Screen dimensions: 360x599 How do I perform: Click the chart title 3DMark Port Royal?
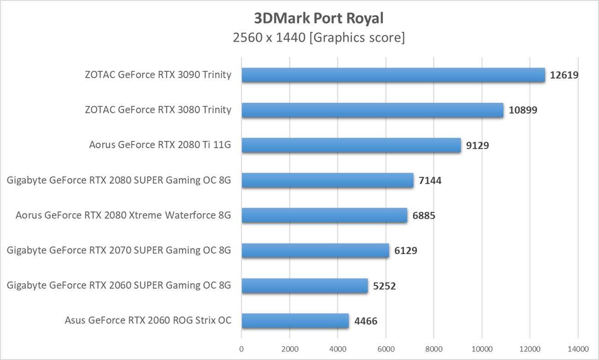point(319,18)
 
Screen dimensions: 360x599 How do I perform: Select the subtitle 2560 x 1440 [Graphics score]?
point(319,37)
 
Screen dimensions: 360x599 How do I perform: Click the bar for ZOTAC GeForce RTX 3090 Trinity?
point(393,75)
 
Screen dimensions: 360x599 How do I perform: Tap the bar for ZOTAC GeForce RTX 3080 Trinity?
point(372,110)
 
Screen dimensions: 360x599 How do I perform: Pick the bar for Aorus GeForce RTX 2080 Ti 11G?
point(351,145)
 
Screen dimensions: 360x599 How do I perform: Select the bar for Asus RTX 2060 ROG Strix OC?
point(295,321)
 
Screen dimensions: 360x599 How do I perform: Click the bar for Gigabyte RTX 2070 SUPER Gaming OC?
point(315,251)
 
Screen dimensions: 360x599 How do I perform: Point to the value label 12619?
point(564,75)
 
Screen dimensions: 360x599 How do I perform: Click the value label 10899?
point(523,110)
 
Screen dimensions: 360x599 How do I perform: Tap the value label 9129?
point(477,146)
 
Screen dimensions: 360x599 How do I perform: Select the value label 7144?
point(430,181)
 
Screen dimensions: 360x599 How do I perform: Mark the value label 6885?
point(424,216)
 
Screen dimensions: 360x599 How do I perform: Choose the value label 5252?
point(384,286)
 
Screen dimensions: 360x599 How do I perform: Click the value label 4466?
point(366,321)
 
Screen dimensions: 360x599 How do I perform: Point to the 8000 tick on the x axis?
point(434,348)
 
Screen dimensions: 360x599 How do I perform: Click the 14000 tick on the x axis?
point(578,348)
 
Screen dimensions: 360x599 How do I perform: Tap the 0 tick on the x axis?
point(241,348)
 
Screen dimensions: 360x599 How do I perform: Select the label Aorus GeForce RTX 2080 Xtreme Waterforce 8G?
point(123,215)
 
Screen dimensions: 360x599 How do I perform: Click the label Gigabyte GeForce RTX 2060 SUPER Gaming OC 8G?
point(119,285)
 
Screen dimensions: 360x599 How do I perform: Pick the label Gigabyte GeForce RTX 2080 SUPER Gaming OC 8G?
point(119,180)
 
